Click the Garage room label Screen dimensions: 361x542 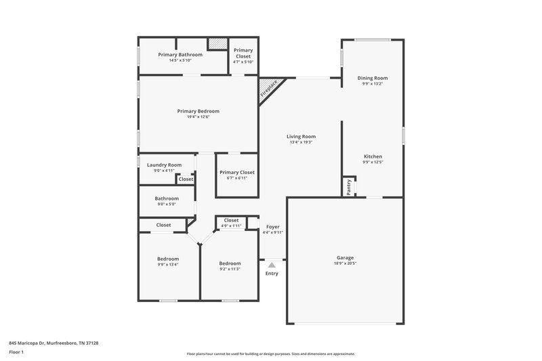pos(345,257)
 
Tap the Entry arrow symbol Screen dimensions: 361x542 pos(272,265)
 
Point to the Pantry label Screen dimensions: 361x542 pos(349,187)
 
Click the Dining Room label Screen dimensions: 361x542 pos(373,78)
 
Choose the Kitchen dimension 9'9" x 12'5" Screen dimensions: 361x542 pos(373,162)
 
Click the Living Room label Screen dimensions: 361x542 pos(301,137)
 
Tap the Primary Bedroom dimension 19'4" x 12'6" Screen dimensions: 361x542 pos(198,116)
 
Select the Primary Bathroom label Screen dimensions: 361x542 pos(180,54)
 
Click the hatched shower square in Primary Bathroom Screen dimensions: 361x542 pos(217,43)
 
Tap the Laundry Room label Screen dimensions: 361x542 pos(164,165)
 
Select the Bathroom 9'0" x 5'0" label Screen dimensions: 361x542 pos(167,198)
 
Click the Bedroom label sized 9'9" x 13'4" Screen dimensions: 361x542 pos(168,259)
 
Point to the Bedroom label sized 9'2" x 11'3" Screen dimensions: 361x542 pos(230,263)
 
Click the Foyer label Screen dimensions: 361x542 pos(272,227)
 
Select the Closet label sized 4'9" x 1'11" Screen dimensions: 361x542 pos(231,220)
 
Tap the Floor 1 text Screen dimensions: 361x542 pos(17,352)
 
